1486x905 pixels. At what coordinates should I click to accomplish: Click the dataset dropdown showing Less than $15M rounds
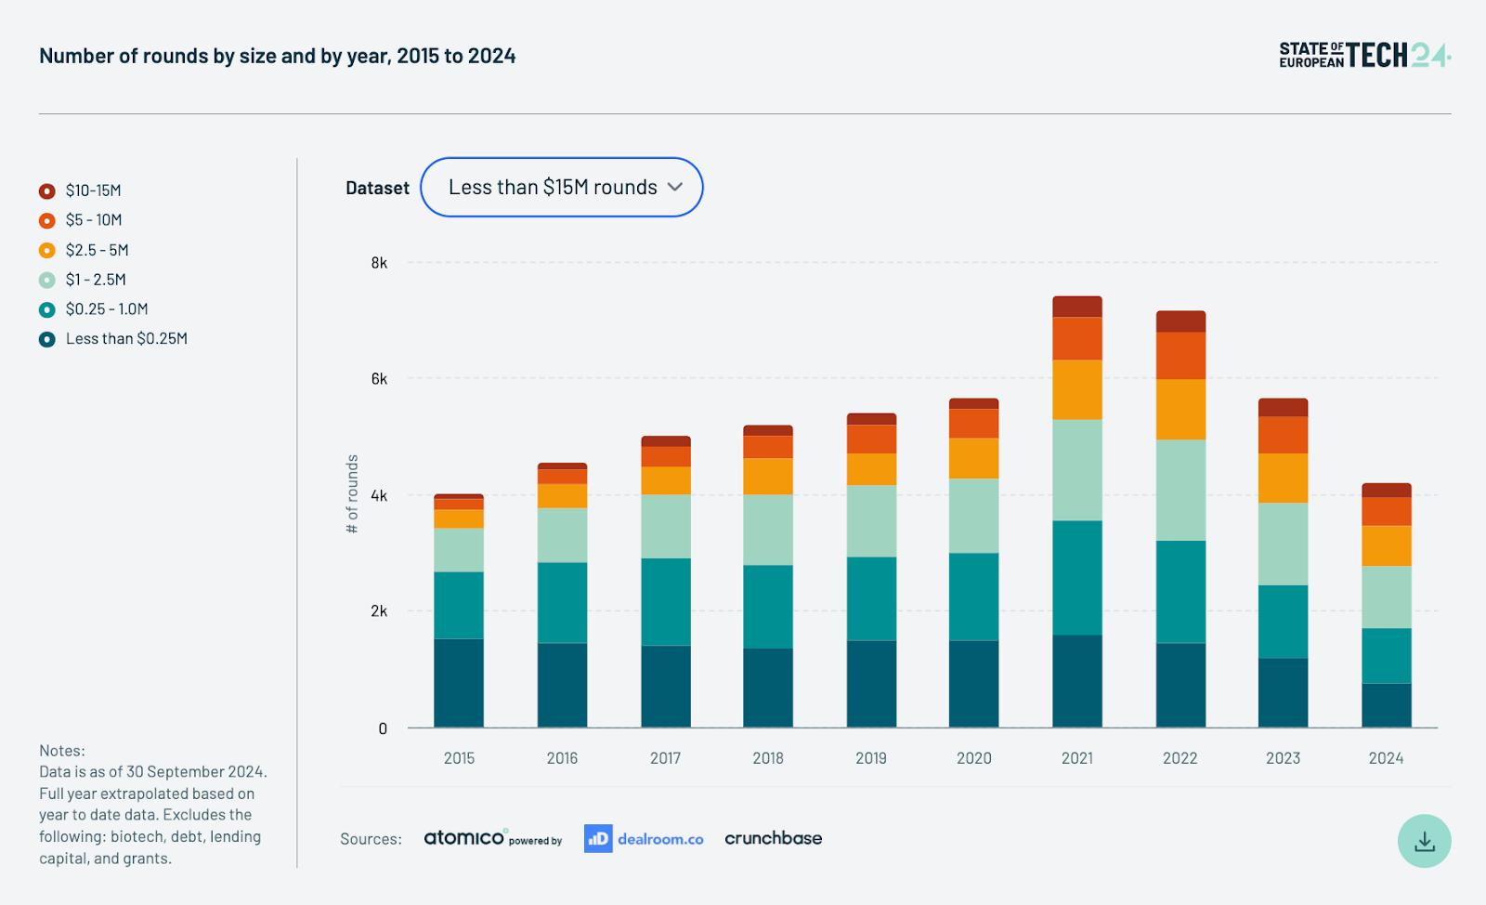(x=561, y=187)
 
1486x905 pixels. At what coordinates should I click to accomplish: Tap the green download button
(x=1424, y=841)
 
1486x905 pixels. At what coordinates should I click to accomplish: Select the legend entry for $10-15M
(x=80, y=191)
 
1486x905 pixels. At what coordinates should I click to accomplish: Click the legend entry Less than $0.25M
(x=113, y=339)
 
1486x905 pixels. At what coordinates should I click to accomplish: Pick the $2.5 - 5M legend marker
(x=47, y=250)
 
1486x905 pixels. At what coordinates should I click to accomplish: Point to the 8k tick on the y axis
(x=379, y=263)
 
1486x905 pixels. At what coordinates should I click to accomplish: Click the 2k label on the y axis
(x=379, y=611)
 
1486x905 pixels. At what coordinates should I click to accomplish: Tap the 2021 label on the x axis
(x=1076, y=757)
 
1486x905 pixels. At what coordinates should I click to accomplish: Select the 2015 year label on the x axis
(x=459, y=757)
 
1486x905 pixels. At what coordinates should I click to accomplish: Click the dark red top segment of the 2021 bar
(x=1076, y=307)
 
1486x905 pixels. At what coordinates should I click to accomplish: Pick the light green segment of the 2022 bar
(x=1180, y=491)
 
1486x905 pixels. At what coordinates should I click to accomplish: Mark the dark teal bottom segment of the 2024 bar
(x=1386, y=705)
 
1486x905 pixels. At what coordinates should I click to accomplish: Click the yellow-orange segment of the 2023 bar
(x=1283, y=478)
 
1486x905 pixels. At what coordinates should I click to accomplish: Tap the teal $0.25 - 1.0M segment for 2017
(x=665, y=602)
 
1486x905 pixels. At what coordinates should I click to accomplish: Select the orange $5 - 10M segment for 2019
(x=871, y=439)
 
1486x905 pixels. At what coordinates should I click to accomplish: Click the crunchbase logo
(x=773, y=839)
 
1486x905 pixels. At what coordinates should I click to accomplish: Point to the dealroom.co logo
(x=644, y=839)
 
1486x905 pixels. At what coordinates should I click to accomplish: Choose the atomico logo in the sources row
(x=492, y=838)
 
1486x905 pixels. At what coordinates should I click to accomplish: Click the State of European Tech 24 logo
(x=1364, y=55)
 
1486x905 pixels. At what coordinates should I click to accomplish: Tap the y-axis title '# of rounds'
(x=352, y=493)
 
